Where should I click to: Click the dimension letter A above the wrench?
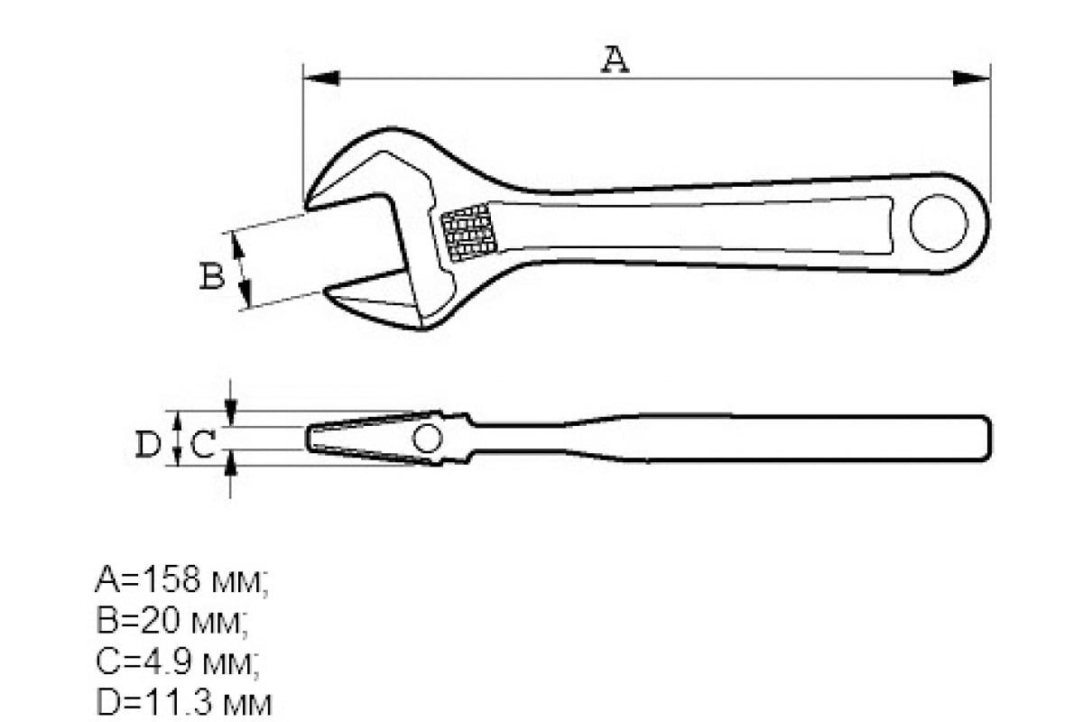615,60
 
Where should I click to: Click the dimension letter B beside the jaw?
211,276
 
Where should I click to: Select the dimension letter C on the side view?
204,444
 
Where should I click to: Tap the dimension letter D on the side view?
148,444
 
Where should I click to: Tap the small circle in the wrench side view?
427,440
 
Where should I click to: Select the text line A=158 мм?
180,580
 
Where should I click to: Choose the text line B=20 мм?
171,622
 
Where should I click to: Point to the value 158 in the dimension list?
172,580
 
